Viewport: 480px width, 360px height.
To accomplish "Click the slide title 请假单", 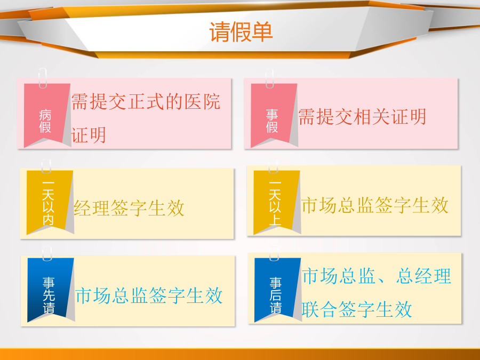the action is pos(241,32).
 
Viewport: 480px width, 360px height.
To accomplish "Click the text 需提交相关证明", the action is pos(362,117).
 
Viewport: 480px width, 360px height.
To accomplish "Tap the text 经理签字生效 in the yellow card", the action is pos(129,208).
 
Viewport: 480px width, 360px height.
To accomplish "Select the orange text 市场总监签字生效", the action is pos(375,205).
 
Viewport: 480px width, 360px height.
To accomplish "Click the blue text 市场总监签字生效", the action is pos(149,295).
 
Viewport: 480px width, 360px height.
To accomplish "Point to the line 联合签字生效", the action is pos(357,309).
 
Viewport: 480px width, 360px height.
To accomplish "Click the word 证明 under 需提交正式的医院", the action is pos(89,135).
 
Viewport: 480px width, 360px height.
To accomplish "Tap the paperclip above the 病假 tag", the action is pos(43,78).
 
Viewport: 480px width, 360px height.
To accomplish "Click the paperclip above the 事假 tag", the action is pos(270,78).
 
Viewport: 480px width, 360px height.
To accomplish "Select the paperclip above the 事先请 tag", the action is pos(47,254).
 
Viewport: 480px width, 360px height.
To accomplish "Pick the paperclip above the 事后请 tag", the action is pos(274,254).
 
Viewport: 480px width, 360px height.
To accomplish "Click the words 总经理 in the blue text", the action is pos(423,276).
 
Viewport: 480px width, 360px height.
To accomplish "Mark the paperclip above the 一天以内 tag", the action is pos(46,166).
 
